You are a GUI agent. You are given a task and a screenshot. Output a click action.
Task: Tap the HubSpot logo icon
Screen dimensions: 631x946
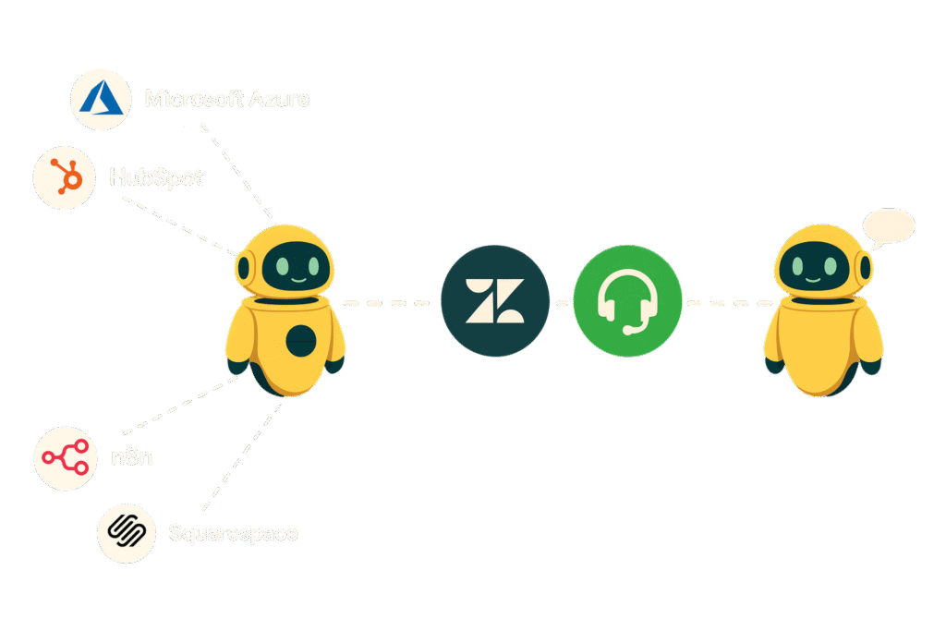(x=66, y=176)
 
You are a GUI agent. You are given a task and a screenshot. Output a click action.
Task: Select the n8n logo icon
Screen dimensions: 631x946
(x=66, y=456)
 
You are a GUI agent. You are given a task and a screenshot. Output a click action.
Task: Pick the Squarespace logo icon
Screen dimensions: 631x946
(x=126, y=532)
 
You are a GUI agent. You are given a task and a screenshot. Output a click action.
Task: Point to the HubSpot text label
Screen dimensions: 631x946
(x=156, y=176)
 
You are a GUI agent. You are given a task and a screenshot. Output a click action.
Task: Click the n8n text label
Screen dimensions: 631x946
(x=130, y=456)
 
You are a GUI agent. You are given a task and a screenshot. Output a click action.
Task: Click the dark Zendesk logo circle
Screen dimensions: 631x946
(x=495, y=300)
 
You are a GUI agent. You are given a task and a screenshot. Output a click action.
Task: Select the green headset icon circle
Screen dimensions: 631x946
(x=627, y=301)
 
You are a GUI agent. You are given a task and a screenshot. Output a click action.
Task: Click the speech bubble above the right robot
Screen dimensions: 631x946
(x=886, y=225)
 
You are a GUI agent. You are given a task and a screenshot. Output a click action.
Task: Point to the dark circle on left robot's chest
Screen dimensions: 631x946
(x=300, y=342)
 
